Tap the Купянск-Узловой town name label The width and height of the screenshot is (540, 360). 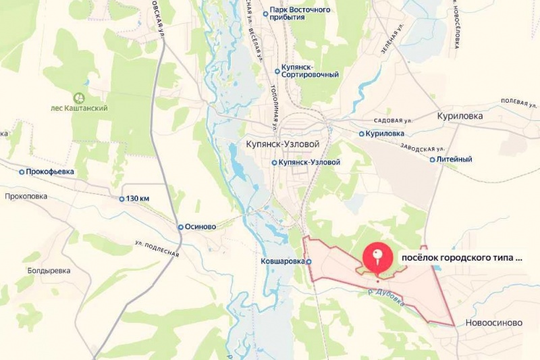279,145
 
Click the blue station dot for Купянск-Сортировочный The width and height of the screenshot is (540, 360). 277,71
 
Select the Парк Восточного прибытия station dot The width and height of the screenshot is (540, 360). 265,14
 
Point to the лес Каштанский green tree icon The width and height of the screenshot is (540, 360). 79,98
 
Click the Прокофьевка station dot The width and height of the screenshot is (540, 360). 22,172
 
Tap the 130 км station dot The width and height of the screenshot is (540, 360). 122,199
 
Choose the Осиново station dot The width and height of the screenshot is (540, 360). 180,227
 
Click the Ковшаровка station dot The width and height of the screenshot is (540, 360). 308,261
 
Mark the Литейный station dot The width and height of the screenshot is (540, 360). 433,159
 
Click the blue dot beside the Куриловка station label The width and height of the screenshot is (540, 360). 362,134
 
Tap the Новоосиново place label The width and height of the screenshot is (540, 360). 493,323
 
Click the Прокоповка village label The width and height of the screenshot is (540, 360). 26,196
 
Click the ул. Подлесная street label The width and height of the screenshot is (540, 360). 157,248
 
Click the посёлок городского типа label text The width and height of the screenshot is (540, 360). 462,257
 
